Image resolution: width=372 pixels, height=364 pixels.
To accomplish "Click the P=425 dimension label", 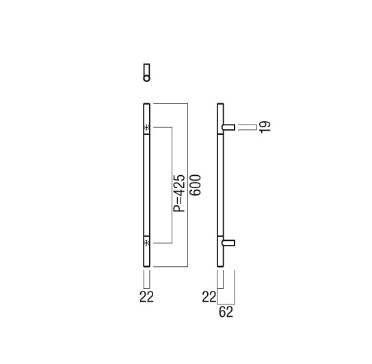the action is tap(179, 193).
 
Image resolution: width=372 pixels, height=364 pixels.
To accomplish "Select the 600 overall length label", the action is tap(196, 185).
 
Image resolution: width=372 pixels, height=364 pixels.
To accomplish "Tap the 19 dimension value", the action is tap(265, 127).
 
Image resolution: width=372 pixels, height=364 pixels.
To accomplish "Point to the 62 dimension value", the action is tap(226, 312).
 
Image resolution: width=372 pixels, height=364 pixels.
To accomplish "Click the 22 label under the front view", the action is tap(146, 297).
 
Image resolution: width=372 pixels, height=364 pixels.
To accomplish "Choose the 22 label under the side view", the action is tap(209, 297).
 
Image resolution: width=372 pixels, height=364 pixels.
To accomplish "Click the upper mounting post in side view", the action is tap(228, 127).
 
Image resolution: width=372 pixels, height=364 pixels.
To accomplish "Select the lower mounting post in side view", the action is tap(228, 243).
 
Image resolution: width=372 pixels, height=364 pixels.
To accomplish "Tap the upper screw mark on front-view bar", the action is tap(147, 127).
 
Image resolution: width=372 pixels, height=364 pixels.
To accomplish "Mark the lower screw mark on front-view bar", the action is tap(147, 243).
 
